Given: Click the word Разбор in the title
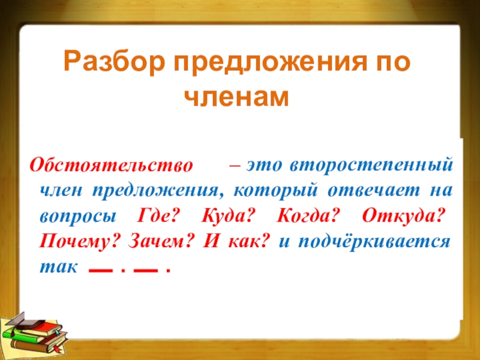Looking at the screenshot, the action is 114,62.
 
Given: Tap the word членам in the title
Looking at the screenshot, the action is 236,97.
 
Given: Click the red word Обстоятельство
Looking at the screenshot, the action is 111,166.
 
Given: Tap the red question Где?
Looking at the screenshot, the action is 157,216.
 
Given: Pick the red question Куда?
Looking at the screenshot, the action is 229,217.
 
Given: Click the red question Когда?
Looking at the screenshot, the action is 308,216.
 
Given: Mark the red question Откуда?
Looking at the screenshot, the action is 403,217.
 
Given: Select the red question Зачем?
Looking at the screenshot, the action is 161,241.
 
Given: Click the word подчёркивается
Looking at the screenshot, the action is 374,242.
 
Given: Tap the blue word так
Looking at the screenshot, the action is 58,267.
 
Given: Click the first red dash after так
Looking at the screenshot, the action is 100,271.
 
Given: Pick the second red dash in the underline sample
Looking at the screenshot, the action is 146,271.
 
